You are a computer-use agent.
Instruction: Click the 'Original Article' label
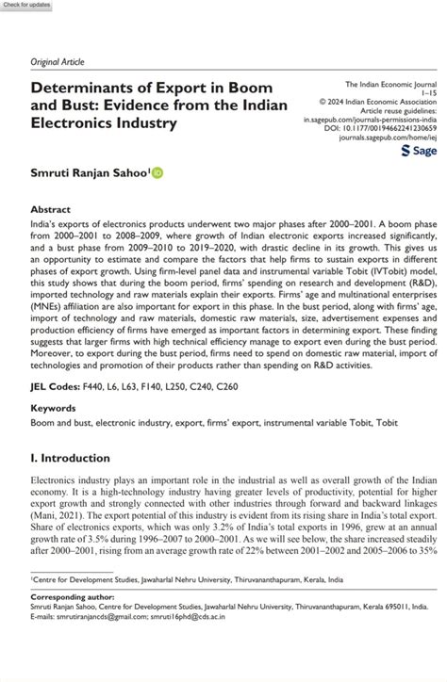pyautogui.click(x=58, y=62)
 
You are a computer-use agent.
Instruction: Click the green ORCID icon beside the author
pyautogui.click(x=157, y=172)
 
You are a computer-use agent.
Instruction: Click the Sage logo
pyautogui.click(x=418, y=150)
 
